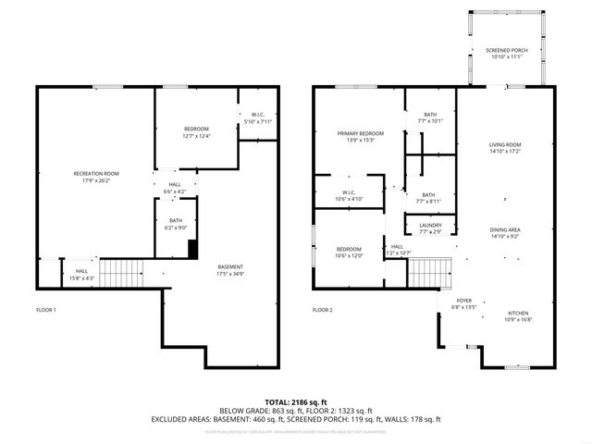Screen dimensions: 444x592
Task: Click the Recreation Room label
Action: point(96,176)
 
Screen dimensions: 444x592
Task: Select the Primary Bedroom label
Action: point(360,137)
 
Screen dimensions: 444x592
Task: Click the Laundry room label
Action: point(430,228)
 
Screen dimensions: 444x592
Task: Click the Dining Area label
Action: point(505,233)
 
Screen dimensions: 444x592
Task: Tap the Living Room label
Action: point(505,148)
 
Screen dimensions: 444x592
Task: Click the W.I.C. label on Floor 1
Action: point(258,118)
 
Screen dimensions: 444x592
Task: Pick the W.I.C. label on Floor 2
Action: point(336,195)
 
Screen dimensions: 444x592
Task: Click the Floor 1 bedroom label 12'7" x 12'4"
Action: point(196,132)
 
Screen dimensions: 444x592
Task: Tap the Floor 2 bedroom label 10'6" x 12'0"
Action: point(349,252)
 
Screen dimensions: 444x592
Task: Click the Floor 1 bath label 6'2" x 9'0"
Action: point(172,225)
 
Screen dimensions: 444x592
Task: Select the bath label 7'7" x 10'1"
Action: point(430,117)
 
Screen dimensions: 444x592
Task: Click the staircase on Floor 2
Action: point(427,273)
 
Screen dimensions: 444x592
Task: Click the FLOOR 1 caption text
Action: point(46,309)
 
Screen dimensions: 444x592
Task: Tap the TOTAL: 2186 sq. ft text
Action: point(295,402)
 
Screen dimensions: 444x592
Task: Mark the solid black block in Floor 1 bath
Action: point(192,249)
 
